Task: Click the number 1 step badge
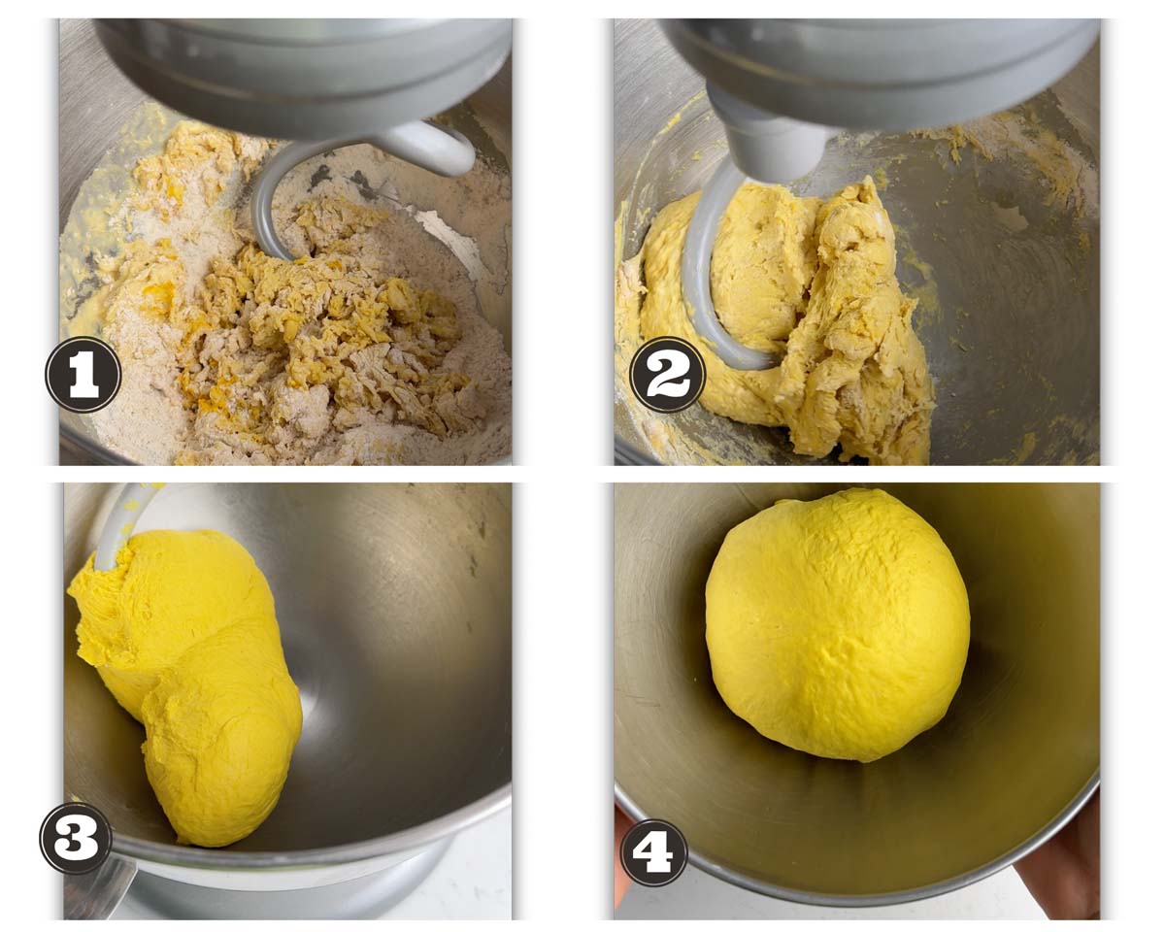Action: [83, 374]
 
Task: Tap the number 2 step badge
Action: [668, 374]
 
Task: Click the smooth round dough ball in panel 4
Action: [837, 625]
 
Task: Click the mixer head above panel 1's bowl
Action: [303, 76]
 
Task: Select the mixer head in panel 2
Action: [877, 82]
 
